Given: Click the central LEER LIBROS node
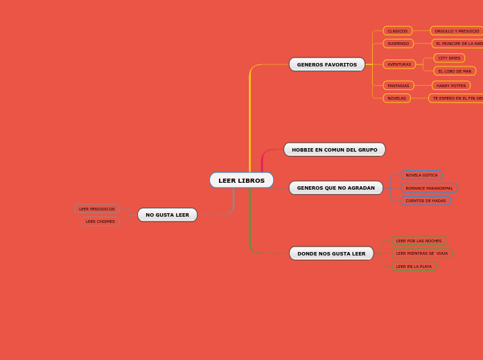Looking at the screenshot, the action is coord(241,181).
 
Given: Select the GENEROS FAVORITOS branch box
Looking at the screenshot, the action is coord(326,64).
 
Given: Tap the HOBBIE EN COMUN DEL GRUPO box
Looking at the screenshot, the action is coord(334,150).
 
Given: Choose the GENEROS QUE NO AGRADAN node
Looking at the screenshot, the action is coord(335,188).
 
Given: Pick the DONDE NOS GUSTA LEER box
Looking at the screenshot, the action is coord(331,253).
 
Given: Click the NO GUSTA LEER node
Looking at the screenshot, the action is coord(167,215).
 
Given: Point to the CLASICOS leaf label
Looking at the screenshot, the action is coord(397,31).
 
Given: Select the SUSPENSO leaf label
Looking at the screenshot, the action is coord(398,44).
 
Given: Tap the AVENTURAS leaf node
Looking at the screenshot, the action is coord(399,64).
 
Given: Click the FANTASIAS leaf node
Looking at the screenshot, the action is coord(398,86).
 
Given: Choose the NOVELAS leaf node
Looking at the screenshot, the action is coord(396,98).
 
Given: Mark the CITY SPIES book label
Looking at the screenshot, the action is coord(449,58).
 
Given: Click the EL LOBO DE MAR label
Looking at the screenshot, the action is coord(455,71).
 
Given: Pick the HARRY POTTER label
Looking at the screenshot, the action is coord(451,86).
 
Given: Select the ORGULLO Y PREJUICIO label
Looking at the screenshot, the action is coord(457,31).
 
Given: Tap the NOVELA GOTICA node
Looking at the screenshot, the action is coord(421,175).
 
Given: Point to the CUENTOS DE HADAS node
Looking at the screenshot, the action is coord(425,201).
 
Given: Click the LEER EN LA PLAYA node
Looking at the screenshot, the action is coord(414,267).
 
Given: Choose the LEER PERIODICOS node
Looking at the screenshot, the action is coord(97,208).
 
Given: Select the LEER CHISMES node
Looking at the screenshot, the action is coord(100,222).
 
